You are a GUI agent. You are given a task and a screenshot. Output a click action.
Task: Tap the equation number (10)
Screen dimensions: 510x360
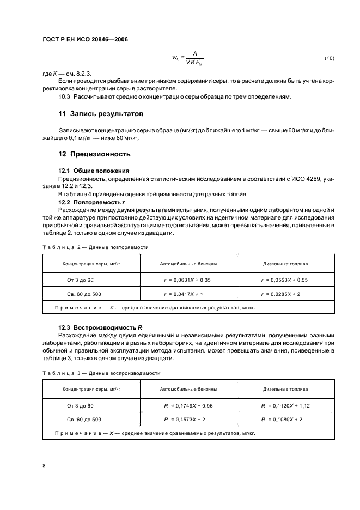(x=330, y=58)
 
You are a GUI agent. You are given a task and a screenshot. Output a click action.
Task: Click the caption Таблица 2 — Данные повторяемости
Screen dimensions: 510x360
(x=95, y=247)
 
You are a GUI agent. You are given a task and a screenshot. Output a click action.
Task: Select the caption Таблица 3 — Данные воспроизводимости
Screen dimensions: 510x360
(x=101, y=373)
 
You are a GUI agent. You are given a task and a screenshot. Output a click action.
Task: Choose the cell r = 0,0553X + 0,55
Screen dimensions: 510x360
(x=284, y=280)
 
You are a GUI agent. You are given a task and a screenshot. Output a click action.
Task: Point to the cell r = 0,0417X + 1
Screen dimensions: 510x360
(x=184, y=294)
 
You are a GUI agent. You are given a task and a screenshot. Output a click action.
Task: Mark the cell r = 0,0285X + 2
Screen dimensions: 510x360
(x=281, y=294)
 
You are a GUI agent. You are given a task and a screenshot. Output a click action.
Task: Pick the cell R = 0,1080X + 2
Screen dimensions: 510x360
(x=282, y=420)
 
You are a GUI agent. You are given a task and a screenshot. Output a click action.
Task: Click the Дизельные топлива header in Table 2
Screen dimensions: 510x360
(x=285, y=264)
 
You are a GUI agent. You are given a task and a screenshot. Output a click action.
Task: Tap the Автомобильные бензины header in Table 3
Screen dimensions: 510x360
(x=188, y=390)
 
